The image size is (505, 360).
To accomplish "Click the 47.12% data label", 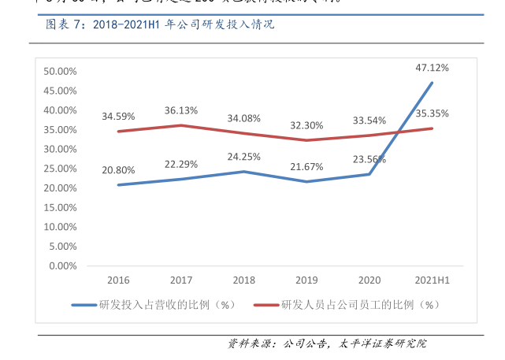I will [x=432, y=68].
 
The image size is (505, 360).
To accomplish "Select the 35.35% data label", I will [x=433, y=113].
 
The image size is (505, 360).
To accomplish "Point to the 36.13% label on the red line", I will [x=181, y=110].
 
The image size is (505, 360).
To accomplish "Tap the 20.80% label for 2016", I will [x=118, y=169].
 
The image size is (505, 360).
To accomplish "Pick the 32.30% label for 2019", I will [x=306, y=125].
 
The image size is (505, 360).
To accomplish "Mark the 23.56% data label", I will [x=369, y=159].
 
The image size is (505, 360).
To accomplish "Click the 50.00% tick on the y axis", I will [x=60, y=71].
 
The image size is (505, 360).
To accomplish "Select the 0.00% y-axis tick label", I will [x=62, y=265].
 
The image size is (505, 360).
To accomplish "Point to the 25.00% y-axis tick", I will [x=60, y=169].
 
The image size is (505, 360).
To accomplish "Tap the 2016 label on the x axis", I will [x=118, y=280].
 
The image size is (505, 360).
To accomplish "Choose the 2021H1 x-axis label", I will [x=432, y=280].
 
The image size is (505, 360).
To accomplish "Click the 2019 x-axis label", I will [x=306, y=280].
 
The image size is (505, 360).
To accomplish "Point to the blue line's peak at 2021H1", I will [x=432, y=83].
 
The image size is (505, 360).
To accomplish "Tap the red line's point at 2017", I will [x=181, y=125].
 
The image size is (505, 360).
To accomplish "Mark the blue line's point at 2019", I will [x=306, y=182].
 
